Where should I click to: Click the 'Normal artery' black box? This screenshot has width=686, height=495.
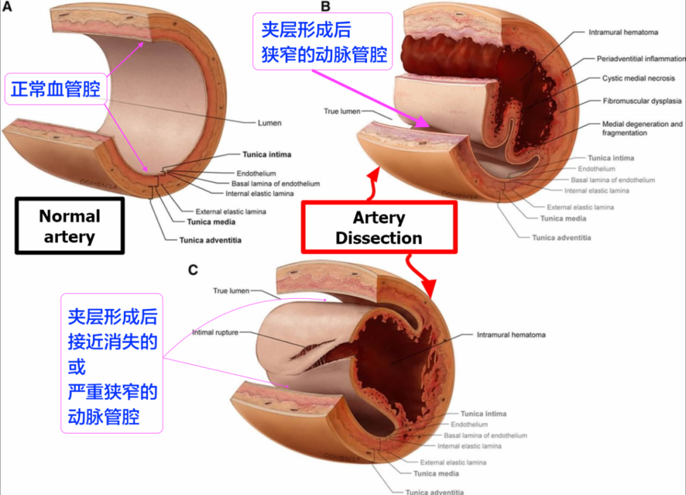click(x=69, y=227)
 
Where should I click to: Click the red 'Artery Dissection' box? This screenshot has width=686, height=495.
click(x=379, y=228)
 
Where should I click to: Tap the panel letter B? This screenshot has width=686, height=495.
click(x=325, y=7)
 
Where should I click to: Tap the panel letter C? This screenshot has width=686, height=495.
click(x=193, y=270)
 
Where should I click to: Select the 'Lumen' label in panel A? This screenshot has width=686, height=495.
click(x=269, y=122)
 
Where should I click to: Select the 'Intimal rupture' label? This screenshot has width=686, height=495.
click(x=216, y=333)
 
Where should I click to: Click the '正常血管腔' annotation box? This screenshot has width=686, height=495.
click(x=56, y=89)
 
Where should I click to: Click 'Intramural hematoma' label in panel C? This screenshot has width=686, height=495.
click(x=511, y=334)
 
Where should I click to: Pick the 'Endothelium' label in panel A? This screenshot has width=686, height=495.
click(x=257, y=173)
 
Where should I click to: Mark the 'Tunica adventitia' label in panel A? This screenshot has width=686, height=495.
click(x=210, y=241)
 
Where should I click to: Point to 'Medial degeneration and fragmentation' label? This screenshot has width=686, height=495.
click(x=642, y=129)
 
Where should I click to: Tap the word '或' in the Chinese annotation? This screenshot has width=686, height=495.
click(x=76, y=367)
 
